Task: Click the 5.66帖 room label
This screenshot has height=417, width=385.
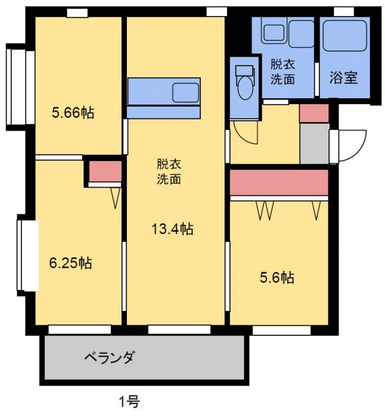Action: pyautogui.click(x=72, y=113)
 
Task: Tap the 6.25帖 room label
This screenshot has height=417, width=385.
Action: pyautogui.click(x=70, y=263)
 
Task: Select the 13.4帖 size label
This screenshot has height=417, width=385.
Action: pyautogui.click(x=172, y=228)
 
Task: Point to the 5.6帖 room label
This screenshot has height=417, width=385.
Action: pyautogui.click(x=277, y=277)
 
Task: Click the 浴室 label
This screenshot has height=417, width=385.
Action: pyautogui.click(x=344, y=77)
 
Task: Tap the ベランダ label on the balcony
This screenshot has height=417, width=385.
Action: pyautogui.click(x=110, y=357)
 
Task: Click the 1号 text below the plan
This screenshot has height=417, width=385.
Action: pyautogui.click(x=128, y=402)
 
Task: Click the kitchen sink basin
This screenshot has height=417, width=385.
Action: pyautogui.click(x=185, y=92)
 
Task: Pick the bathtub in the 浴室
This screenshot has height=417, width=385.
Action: pyautogui.click(x=346, y=40)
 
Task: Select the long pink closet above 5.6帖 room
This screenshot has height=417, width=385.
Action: pyautogui.click(x=279, y=182)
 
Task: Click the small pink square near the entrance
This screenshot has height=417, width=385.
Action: pyautogui.click(x=313, y=113)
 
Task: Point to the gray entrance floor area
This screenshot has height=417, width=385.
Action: pyautogui.click(x=314, y=143)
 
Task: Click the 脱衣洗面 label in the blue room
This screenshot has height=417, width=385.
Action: pyautogui.click(x=282, y=71)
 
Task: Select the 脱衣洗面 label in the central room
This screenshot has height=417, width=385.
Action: pyautogui.click(x=169, y=171)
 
